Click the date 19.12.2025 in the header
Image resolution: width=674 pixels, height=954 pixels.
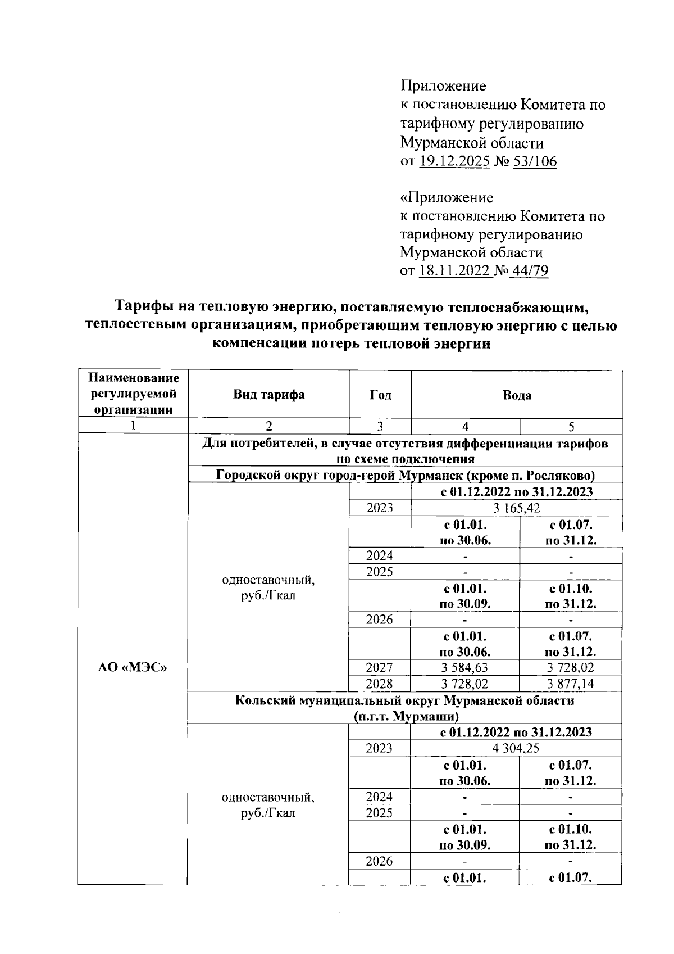pos(454,161)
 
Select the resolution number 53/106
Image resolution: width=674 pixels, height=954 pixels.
pos(535,161)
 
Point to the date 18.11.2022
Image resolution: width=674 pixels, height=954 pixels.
pos(454,271)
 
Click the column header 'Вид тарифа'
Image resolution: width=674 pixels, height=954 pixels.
pos(269,394)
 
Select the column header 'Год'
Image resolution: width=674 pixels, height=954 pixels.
pos(380,395)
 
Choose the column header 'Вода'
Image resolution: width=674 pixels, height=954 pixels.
pos(517,395)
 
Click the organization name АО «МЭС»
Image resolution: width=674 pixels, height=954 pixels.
pos(133,667)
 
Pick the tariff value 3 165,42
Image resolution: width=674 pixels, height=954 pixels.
pos(517,508)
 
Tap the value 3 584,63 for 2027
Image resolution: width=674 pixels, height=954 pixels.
pos(465,667)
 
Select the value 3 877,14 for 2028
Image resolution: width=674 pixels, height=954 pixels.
pos(571,684)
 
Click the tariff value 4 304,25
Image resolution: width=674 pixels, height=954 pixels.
pos(516,748)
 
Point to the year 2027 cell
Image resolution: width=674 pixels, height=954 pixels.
pos(380,667)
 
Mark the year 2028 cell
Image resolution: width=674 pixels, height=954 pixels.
pos(380,684)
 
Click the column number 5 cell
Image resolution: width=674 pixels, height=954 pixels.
pos(571,427)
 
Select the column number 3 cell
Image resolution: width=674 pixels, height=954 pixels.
pos(380,427)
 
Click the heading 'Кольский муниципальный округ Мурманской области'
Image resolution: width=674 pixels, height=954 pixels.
pos(404,701)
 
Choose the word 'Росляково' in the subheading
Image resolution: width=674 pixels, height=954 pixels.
pos(560,476)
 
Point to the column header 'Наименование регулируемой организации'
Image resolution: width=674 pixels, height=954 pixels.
pos(133,394)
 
